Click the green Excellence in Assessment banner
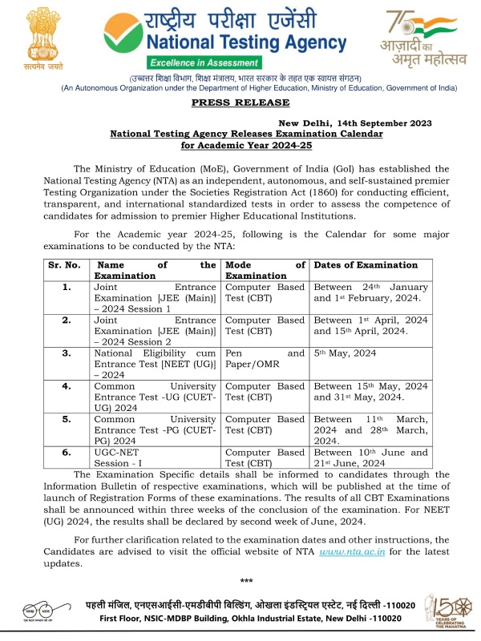coord(204,62)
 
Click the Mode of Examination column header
coord(265,270)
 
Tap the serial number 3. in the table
coord(67,352)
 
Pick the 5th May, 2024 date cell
coord(346,352)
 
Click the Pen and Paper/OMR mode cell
coord(265,357)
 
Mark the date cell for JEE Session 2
coord(370,325)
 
